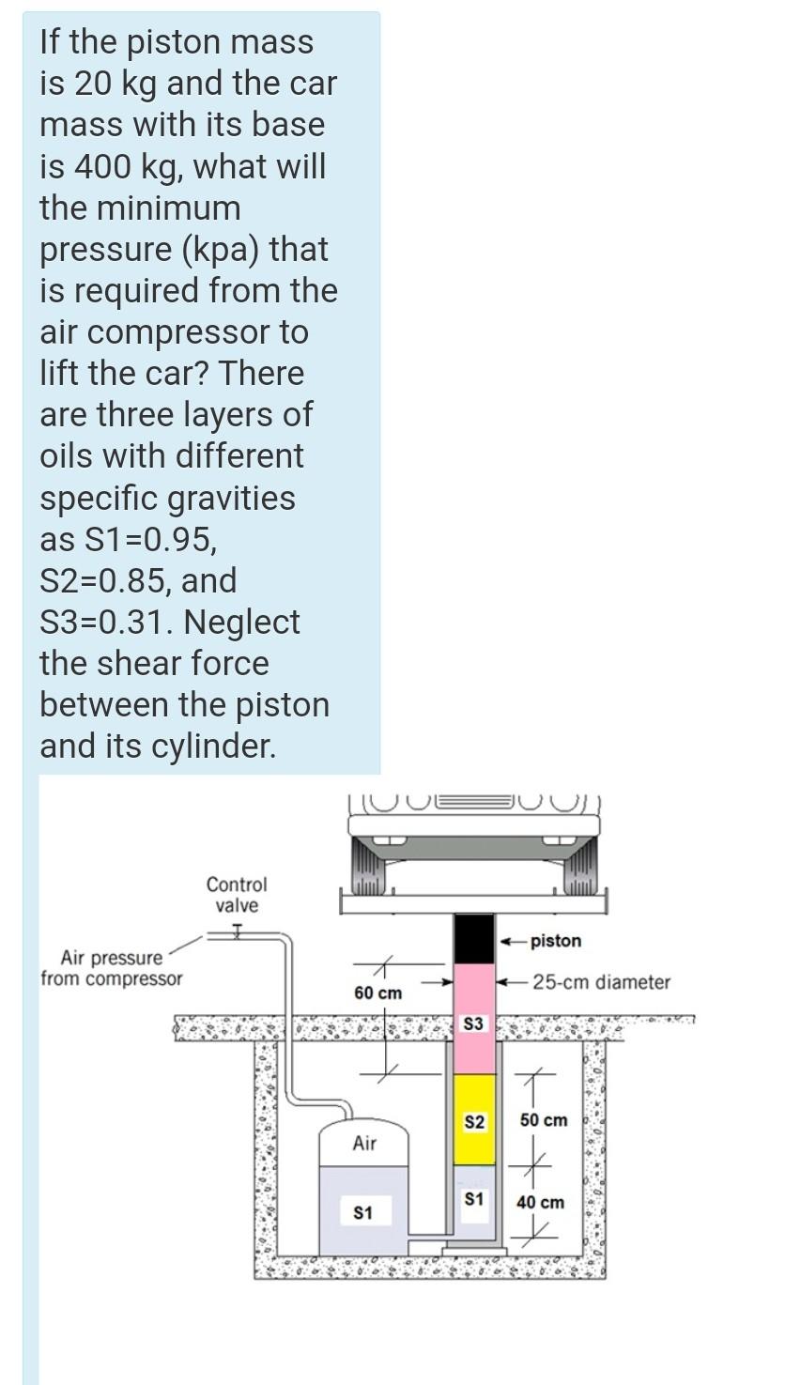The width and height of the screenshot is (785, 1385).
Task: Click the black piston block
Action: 473,937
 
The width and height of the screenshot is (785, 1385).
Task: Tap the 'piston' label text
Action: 556,941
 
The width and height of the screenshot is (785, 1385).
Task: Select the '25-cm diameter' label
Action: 601,982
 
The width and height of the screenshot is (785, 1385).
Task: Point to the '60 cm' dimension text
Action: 377,993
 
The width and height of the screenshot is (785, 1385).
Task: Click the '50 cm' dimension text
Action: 544,1120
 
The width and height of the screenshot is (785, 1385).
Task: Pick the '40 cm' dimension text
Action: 541,1202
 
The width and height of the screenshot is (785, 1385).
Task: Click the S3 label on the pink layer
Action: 473,1023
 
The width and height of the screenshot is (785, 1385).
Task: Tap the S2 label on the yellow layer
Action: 474,1122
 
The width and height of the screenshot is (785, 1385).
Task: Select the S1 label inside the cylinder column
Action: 473,1199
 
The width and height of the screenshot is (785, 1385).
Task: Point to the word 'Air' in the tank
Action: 364,1144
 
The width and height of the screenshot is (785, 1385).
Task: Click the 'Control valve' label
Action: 237,895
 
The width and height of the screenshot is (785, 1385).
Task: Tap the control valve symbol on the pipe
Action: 237,932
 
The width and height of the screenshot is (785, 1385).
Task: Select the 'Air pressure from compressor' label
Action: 112,968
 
